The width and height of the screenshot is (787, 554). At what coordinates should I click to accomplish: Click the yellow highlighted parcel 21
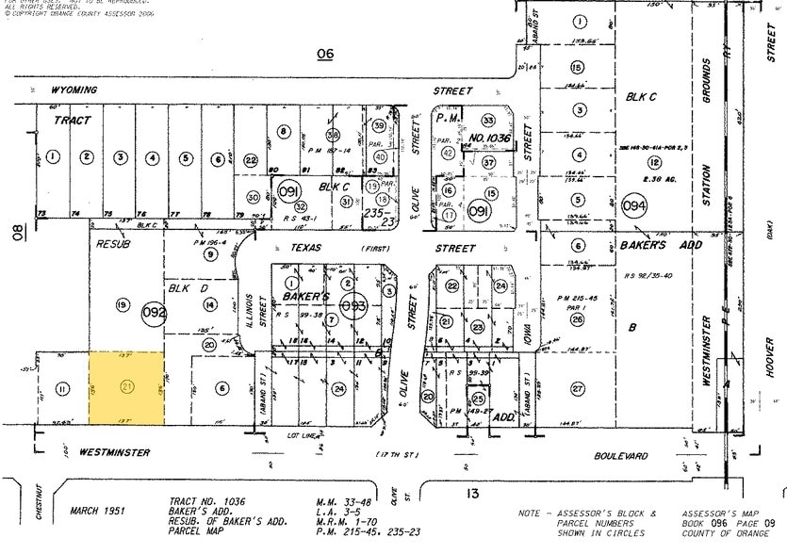point(126,387)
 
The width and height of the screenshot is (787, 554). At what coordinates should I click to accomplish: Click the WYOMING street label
point(74,90)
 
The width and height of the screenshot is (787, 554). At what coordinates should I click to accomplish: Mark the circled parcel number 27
point(577,388)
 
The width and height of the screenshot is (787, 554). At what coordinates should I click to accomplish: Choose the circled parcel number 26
point(577,318)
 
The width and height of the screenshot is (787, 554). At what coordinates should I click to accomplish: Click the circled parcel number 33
point(488,121)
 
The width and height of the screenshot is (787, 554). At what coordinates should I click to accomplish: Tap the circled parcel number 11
point(62,388)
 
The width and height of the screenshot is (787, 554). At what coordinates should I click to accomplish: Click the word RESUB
point(114,243)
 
